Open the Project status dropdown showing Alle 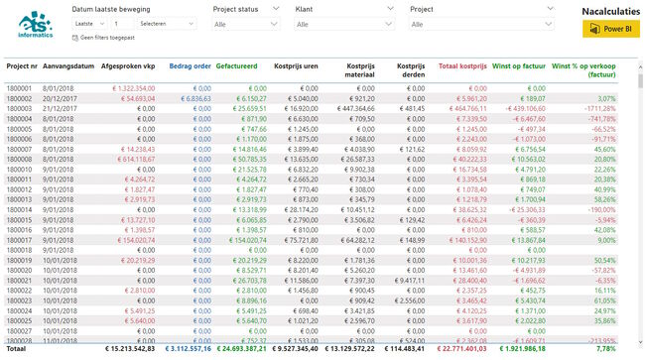[x=249, y=23]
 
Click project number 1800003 [x=20, y=108]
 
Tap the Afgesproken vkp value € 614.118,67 [x=130, y=158]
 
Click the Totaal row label [x=18, y=349]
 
